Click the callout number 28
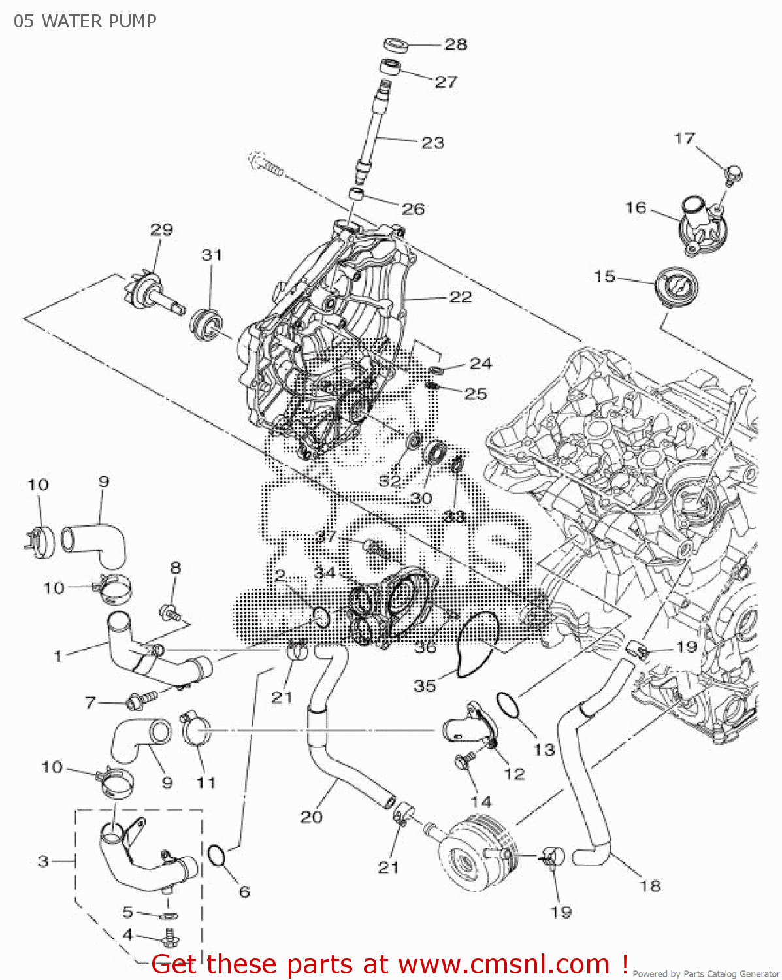(x=456, y=44)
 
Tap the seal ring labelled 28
(x=395, y=45)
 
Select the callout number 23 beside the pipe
(x=432, y=142)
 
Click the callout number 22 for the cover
(x=461, y=297)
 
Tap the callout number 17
(x=684, y=139)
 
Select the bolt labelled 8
(x=171, y=612)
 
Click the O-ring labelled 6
(x=217, y=855)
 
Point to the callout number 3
(x=43, y=861)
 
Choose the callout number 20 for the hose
(x=312, y=816)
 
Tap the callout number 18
(x=650, y=885)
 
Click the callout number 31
(x=211, y=255)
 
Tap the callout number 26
(x=413, y=209)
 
